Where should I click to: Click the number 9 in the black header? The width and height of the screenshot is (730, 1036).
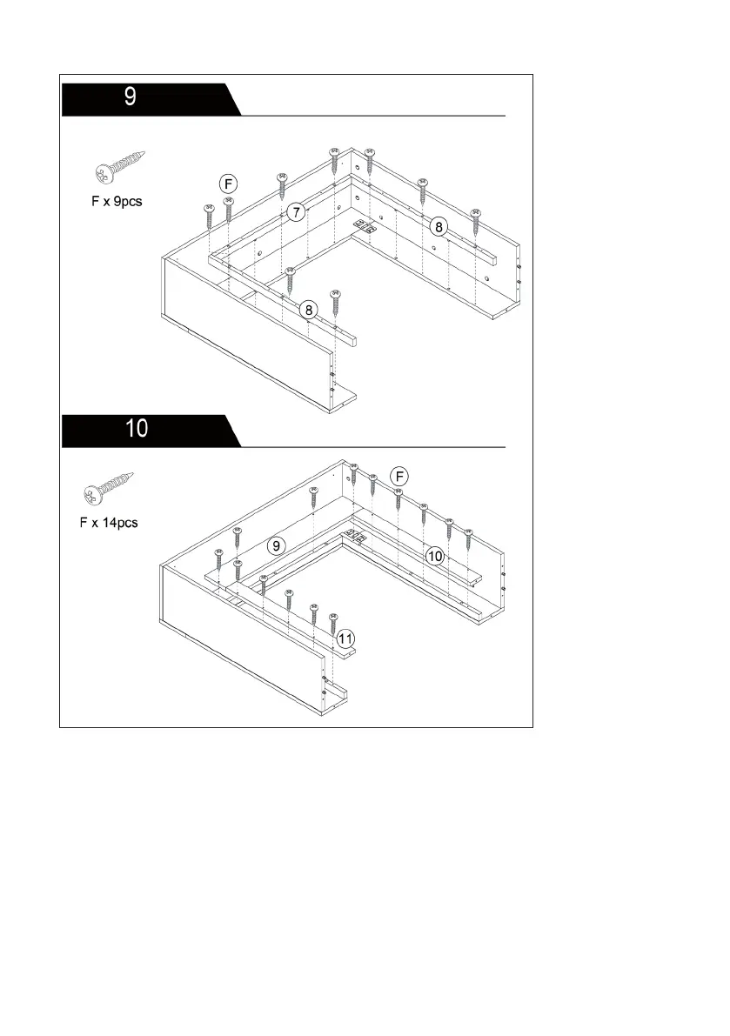(x=130, y=97)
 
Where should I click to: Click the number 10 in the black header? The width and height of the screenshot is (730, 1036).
(x=137, y=428)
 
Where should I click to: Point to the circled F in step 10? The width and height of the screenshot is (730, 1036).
(x=398, y=476)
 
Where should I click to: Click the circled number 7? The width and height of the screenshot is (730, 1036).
(x=297, y=212)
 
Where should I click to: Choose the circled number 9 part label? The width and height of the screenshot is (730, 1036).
(x=276, y=546)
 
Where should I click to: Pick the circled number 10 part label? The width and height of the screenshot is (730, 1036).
(x=435, y=554)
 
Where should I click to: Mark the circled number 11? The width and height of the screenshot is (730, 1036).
(x=346, y=638)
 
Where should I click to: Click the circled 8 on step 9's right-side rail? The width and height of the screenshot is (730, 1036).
(x=439, y=227)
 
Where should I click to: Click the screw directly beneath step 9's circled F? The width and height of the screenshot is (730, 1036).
(x=229, y=210)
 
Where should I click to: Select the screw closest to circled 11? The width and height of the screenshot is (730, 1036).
(x=332, y=623)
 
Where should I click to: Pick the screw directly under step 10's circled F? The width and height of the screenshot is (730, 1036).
(x=398, y=500)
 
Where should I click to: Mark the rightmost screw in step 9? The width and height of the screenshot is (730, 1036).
(x=475, y=220)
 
